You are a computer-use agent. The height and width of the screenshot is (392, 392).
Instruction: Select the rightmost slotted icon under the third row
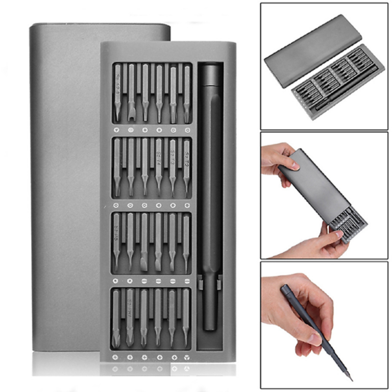pos(186,280)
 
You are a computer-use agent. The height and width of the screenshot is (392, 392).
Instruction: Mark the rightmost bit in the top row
pos(187,93)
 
